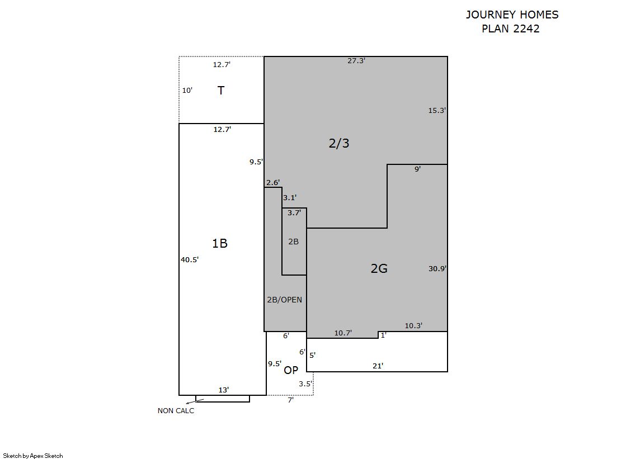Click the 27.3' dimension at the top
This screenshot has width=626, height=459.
pyautogui.click(x=356, y=61)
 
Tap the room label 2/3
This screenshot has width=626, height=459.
pyautogui.click(x=339, y=143)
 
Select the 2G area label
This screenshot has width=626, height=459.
pyautogui.click(x=379, y=268)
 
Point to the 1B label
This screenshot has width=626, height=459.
pyautogui.click(x=220, y=243)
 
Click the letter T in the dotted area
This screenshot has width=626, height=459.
pyautogui.click(x=221, y=90)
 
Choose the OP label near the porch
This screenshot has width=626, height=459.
pyautogui.click(x=291, y=371)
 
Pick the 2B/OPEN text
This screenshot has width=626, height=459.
pyautogui.click(x=284, y=299)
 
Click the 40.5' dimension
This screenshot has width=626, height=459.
pyautogui.click(x=190, y=259)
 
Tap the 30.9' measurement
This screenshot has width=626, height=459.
pyautogui.click(x=437, y=268)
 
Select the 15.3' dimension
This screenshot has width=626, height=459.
pyautogui.click(x=437, y=111)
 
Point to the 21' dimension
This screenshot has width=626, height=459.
pyautogui.click(x=378, y=366)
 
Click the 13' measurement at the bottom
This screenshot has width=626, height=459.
pyautogui.click(x=224, y=390)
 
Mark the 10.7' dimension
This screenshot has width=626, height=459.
pyautogui.click(x=343, y=333)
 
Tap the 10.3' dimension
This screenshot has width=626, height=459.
pyautogui.click(x=413, y=326)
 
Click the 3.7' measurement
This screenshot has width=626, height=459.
pyautogui.click(x=294, y=213)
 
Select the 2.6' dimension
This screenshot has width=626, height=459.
pyautogui.click(x=273, y=182)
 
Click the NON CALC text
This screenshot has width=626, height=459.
pyautogui.click(x=176, y=411)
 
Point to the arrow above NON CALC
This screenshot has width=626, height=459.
pyautogui.click(x=195, y=401)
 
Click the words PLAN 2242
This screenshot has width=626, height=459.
pyautogui.click(x=511, y=29)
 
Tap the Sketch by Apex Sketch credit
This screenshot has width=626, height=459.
pyautogui.click(x=33, y=456)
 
